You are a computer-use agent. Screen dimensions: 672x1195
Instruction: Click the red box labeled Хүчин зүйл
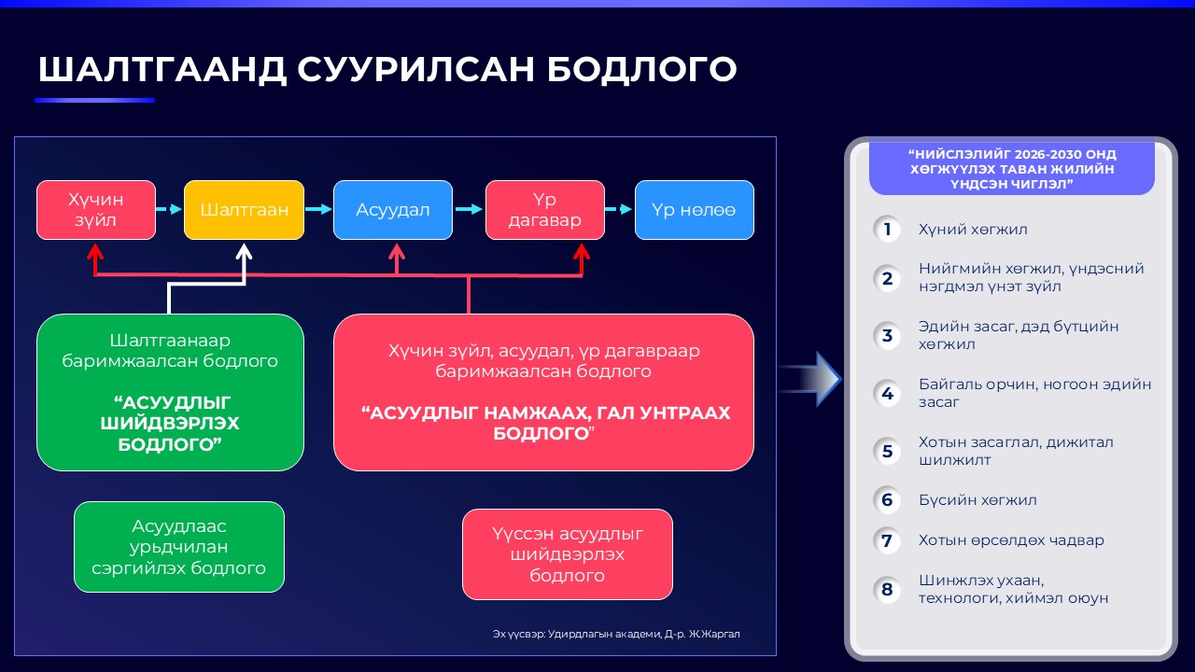coord(95,210)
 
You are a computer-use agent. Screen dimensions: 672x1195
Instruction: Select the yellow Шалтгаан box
coord(244,210)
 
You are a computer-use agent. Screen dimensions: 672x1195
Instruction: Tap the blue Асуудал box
coord(393,210)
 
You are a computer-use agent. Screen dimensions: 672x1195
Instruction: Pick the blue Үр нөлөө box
coord(694,210)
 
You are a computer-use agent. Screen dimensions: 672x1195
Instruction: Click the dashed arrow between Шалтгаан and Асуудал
coord(318,210)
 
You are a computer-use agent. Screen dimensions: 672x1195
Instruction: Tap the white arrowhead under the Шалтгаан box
coord(244,253)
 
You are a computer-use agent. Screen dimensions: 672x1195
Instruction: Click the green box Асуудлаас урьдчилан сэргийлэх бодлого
coord(179,547)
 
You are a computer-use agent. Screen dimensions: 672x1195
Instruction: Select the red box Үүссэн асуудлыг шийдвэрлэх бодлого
coord(568,554)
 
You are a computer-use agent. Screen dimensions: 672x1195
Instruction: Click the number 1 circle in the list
coord(887,230)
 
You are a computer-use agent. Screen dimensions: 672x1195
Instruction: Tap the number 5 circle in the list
coord(887,452)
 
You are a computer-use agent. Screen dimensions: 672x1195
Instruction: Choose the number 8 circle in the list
coord(887,590)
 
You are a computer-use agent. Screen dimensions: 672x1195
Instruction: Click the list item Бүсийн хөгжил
coord(977,500)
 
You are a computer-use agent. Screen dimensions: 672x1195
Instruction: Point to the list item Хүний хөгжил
coord(973,230)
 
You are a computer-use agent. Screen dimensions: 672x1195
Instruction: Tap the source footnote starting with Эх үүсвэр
coord(622,635)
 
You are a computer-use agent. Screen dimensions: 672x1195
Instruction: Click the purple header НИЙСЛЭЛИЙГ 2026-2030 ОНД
coord(1011,169)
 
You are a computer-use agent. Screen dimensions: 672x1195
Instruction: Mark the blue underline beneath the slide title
coord(94,100)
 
